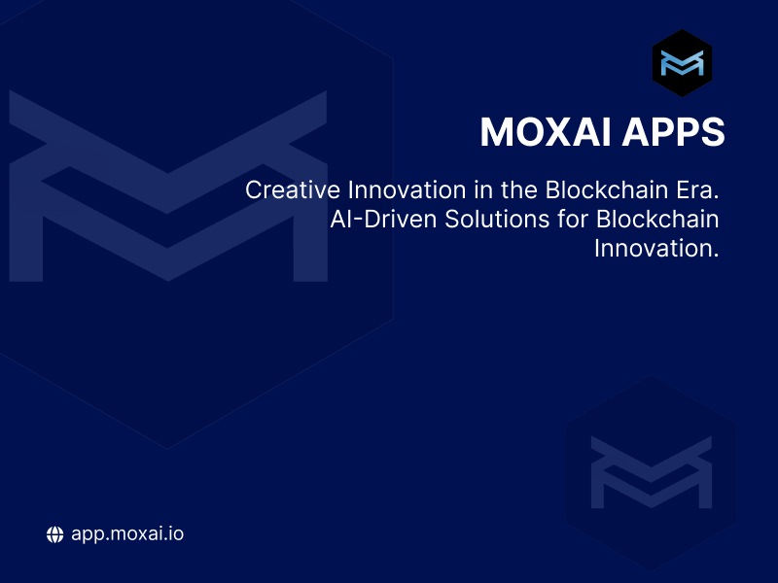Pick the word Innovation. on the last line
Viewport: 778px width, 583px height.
pos(655,248)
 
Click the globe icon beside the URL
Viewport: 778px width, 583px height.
pos(55,533)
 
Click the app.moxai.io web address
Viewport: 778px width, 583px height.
pos(127,534)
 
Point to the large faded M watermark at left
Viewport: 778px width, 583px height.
pos(167,185)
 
